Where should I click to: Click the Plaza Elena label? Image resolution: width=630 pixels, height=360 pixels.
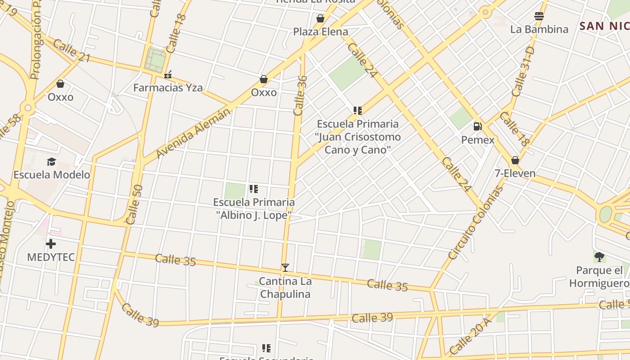(320, 31)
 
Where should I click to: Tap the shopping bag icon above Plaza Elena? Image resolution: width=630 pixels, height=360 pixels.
(320, 18)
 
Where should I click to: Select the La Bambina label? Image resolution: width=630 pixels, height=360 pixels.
(539, 29)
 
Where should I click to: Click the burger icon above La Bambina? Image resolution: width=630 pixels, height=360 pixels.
(539, 17)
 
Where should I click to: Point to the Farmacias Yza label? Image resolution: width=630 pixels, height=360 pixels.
(168, 88)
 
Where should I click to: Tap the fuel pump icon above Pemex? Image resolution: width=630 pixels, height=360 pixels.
(478, 126)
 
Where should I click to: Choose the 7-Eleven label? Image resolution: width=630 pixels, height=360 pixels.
(515, 173)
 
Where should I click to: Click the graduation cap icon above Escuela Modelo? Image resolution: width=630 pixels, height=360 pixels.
(52, 162)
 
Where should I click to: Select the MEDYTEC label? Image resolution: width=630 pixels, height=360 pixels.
(51, 257)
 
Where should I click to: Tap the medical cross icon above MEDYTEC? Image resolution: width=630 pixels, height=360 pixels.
(51, 244)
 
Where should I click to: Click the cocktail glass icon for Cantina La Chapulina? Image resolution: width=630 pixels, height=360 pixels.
(285, 268)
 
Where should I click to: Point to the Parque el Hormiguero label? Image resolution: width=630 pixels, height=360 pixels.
(598, 277)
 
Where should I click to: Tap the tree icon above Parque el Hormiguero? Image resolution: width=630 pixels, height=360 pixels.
(599, 257)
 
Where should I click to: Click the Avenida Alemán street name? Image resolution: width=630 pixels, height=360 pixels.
(193, 133)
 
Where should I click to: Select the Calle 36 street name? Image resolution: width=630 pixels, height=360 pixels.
(300, 95)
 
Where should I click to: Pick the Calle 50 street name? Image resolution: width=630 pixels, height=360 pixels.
(135, 204)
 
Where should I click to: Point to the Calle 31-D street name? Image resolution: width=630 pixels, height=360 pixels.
(522, 71)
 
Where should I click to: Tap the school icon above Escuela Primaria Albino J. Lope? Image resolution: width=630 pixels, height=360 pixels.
(254, 189)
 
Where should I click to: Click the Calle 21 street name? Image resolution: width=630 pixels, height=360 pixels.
(72, 51)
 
